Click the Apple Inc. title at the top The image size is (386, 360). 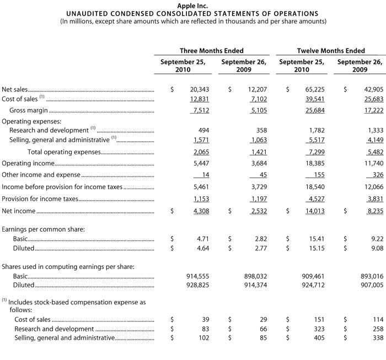[192, 5]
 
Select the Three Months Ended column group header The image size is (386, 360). [211, 51]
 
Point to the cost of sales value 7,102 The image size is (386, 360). [258, 99]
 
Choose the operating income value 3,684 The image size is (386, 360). [258, 163]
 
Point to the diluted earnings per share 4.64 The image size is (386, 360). [201, 249]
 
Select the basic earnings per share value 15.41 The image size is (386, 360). [317, 239]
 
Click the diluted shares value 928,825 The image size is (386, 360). [195, 286]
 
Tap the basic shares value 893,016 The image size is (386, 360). [371, 276]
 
